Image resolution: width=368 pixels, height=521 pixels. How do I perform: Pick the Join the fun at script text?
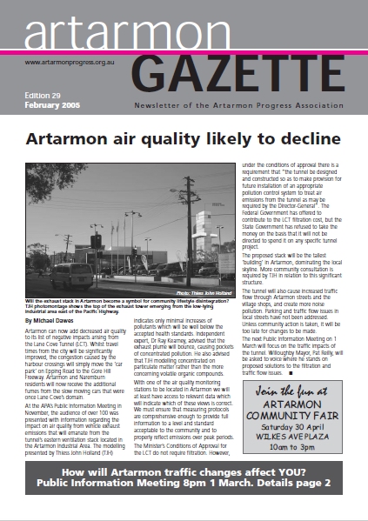pyautogui.click(x=294, y=394)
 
